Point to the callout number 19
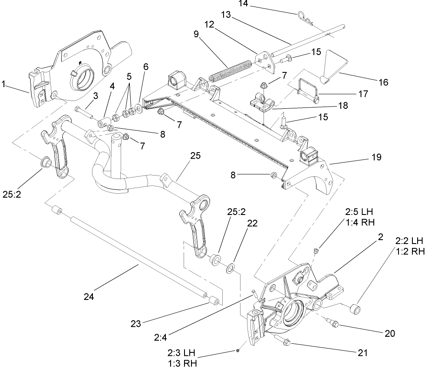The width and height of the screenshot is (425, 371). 376,157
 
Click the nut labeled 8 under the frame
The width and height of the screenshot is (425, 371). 274,175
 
